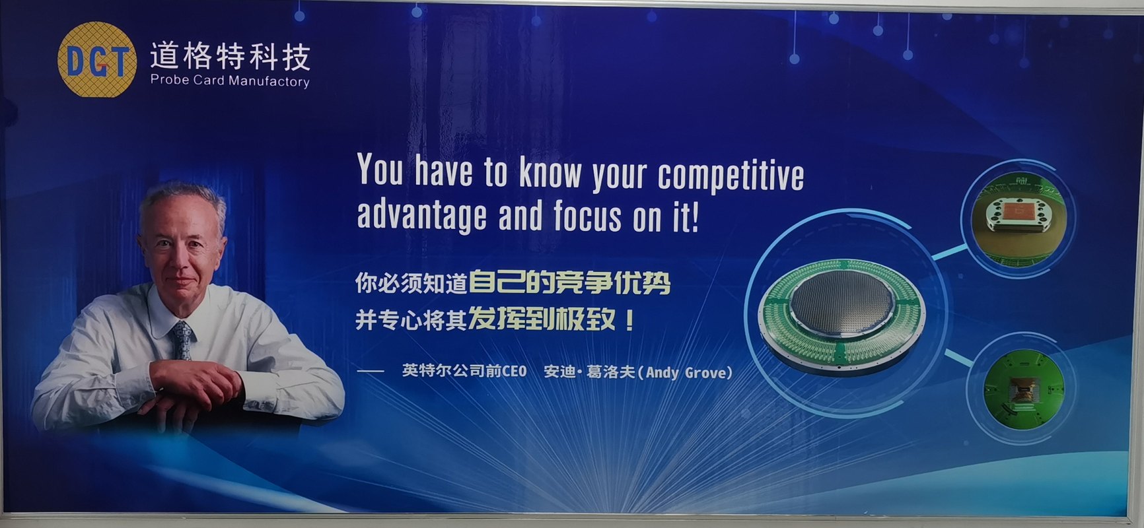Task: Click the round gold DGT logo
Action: pyautogui.click(x=97, y=60)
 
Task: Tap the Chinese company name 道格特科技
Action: pyautogui.click(x=230, y=57)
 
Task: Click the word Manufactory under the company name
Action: pyautogui.click(x=269, y=82)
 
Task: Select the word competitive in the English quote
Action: pyautogui.click(x=731, y=176)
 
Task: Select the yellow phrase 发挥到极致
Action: pyautogui.click(x=542, y=321)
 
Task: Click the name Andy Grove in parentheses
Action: pyautogui.click(x=689, y=372)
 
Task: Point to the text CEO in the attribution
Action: pyautogui.click(x=514, y=372)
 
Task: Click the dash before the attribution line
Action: pyautogui.click(x=371, y=372)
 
